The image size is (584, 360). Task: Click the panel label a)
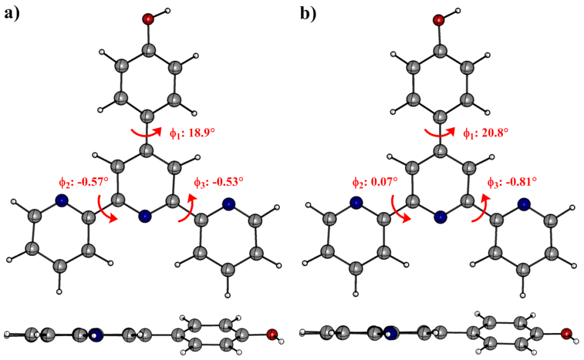point(14,13)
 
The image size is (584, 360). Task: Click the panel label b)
point(308,13)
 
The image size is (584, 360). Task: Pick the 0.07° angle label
point(375,182)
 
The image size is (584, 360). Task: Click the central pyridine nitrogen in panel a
point(145,215)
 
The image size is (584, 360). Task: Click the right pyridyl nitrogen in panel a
point(229,204)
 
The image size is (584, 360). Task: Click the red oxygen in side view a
point(272,334)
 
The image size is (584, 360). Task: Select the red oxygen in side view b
point(566,334)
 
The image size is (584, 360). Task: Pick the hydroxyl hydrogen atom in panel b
point(457,10)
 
